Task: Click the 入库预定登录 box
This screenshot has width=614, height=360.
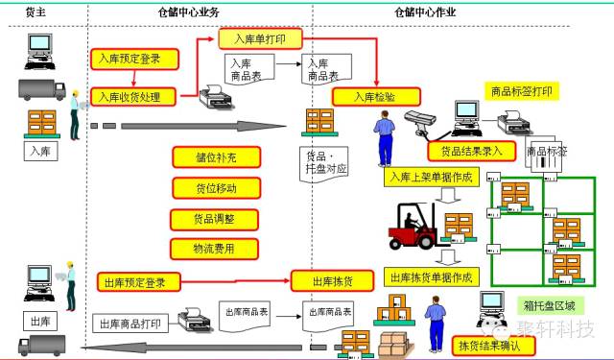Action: (x=136, y=59)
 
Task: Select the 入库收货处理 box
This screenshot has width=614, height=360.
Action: (x=136, y=97)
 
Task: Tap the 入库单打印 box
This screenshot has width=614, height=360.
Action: (x=261, y=38)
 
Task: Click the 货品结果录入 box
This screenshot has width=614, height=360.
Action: (x=471, y=151)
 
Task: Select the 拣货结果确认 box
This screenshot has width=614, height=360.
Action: (x=488, y=343)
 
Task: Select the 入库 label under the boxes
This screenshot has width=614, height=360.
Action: (x=39, y=151)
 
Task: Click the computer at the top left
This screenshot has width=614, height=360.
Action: (x=40, y=49)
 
